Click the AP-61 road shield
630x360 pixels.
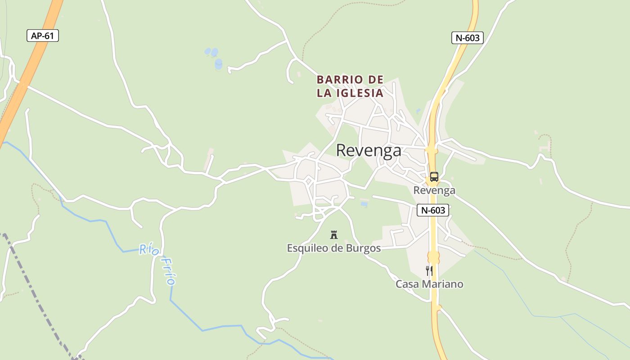(43, 36)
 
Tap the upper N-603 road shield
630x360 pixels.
(467, 38)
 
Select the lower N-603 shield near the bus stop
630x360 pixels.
(432, 210)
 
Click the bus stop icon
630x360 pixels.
(434, 177)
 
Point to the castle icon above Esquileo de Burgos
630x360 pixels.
(334, 234)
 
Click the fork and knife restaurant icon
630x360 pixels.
(429, 270)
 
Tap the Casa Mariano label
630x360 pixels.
(429, 284)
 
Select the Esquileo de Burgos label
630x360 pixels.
(334, 248)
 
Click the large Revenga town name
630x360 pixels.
(369, 150)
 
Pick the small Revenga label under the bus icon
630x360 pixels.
(434, 190)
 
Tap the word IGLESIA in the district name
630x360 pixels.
(362, 93)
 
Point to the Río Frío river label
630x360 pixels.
(157, 263)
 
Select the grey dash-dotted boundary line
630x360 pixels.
(36, 292)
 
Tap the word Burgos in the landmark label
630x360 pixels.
(363, 248)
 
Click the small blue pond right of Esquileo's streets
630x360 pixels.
(364, 204)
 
